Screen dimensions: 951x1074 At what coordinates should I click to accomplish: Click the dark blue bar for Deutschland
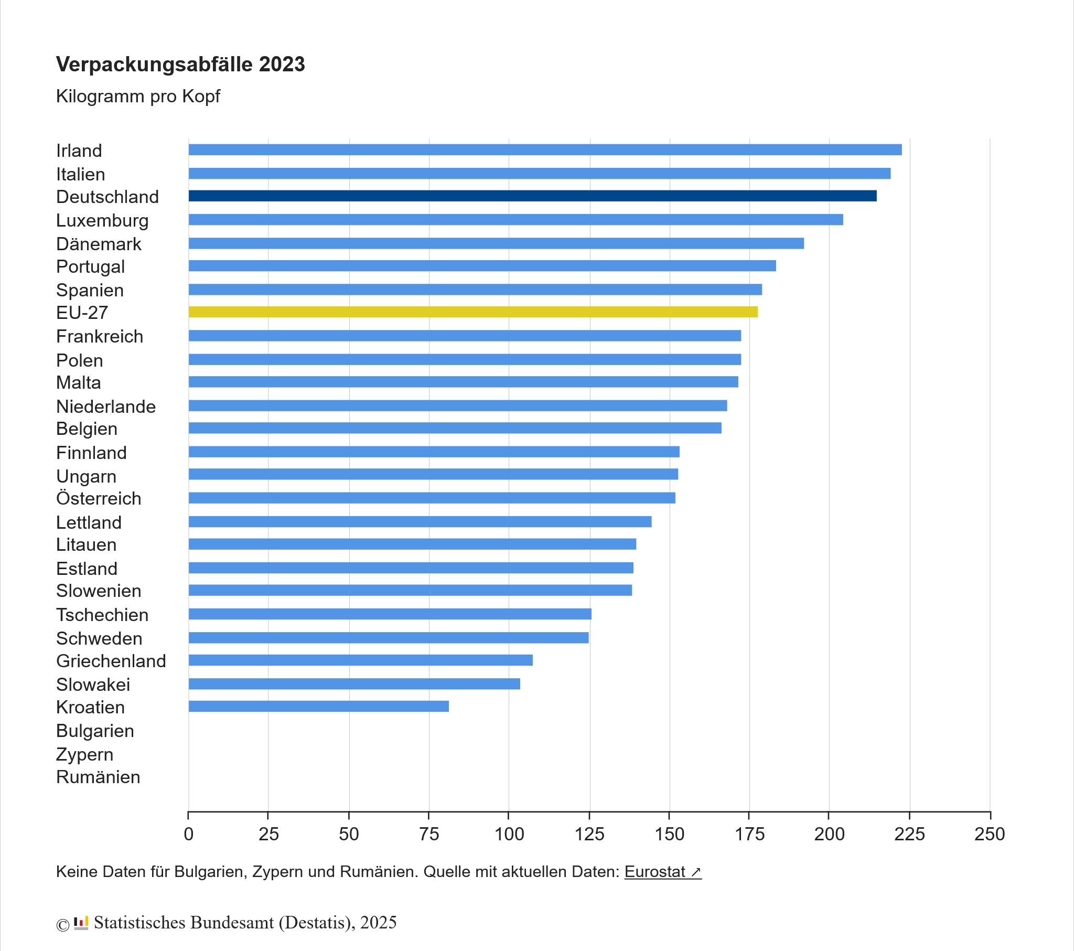pyautogui.click(x=532, y=196)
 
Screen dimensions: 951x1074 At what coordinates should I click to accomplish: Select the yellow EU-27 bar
pyautogui.click(x=473, y=312)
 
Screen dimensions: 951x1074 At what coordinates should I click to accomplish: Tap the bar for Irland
pyautogui.click(x=545, y=150)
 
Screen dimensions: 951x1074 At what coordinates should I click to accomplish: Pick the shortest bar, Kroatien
pyautogui.click(x=318, y=706)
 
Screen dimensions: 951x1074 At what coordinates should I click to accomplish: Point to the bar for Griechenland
pyautogui.click(x=360, y=660)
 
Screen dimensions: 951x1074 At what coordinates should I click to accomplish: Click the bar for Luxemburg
pyautogui.click(x=515, y=220)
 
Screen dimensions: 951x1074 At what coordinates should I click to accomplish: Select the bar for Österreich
pyautogui.click(x=432, y=497)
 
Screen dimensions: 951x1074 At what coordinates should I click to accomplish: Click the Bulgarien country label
pyautogui.click(x=95, y=731)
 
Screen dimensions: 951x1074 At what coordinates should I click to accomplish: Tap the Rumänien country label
pyautogui.click(x=98, y=777)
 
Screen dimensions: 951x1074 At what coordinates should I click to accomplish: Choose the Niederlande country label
pyautogui.click(x=105, y=407)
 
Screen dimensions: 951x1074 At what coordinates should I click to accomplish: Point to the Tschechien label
pyautogui.click(x=102, y=615)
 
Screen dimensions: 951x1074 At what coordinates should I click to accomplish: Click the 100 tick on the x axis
pyautogui.click(x=509, y=834)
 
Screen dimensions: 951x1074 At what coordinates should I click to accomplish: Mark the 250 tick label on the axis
pyautogui.click(x=990, y=834)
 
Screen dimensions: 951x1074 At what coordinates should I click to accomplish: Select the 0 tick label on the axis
pyautogui.click(x=189, y=834)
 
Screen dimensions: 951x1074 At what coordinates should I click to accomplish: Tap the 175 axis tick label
pyautogui.click(x=749, y=834)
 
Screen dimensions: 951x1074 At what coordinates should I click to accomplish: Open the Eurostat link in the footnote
pyautogui.click(x=662, y=872)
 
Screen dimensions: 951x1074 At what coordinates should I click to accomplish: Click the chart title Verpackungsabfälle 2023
pyautogui.click(x=180, y=64)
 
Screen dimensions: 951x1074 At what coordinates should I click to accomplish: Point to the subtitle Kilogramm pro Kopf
pyautogui.click(x=138, y=96)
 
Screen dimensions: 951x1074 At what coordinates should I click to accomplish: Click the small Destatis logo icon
pyautogui.click(x=81, y=923)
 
